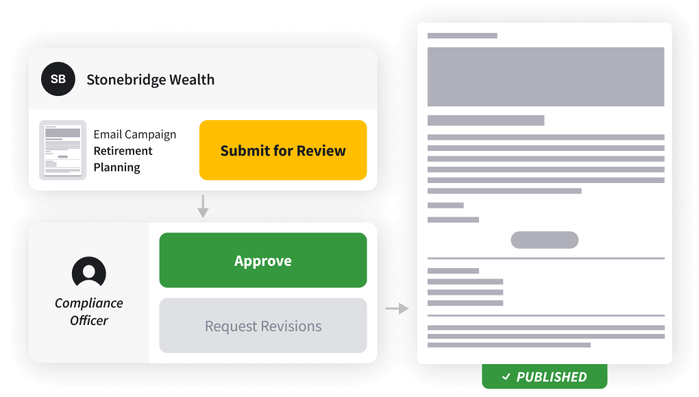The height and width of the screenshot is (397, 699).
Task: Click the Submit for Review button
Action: point(283,150)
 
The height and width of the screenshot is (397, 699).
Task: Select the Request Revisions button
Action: point(263,326)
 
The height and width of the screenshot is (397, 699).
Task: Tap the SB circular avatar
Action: point(58,79)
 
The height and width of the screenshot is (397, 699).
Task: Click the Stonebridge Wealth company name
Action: point(150,80)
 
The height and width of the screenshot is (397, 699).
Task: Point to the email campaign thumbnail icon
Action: point(62,150)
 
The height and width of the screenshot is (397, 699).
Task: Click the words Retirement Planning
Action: point(123,159)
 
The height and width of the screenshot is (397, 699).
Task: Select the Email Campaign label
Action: point(135,134)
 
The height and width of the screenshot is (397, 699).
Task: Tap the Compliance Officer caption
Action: point(89,311)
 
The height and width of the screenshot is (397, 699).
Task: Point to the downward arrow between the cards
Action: point(202,206)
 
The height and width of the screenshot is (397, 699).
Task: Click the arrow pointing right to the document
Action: point(397,309)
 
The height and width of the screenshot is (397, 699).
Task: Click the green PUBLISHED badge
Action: point(545,376)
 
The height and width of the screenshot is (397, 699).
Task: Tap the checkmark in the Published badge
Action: point(506,376)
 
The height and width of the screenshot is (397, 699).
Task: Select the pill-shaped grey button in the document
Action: point(545,240)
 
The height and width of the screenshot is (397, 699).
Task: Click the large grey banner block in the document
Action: point(545,77)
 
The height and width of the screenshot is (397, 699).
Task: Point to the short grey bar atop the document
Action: point(463,36)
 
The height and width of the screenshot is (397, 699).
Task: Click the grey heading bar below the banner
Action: point(486,121)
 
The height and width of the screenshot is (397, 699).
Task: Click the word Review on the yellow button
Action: point(321,150)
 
